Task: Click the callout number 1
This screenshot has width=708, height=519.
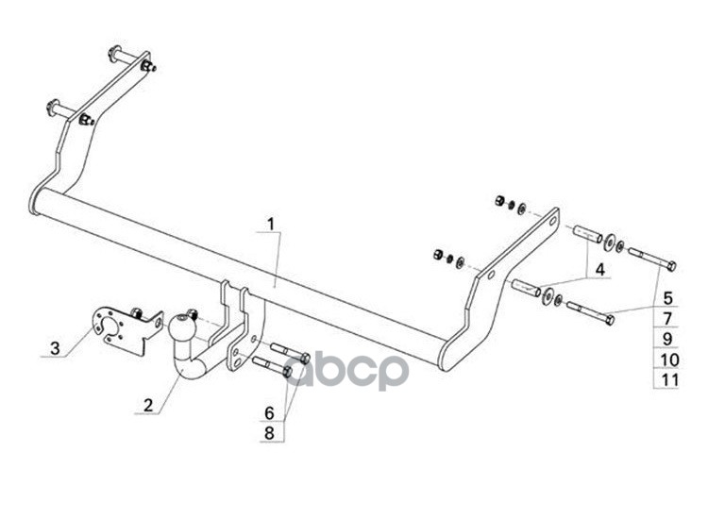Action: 270,225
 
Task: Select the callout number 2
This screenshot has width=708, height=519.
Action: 147,407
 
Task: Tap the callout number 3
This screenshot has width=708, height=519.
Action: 55,349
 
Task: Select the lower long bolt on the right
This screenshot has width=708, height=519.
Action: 591,312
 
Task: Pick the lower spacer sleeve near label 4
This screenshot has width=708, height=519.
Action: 526,287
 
